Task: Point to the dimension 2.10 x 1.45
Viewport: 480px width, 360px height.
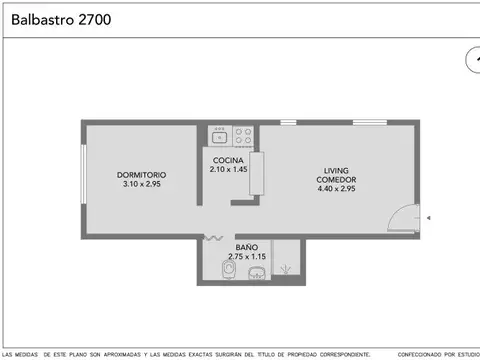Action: pos(229,169)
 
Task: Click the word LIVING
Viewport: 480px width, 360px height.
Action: pos(336,170)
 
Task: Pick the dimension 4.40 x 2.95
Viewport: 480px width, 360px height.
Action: pos(336,188)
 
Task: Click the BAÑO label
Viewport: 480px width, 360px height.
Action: pos(247,247)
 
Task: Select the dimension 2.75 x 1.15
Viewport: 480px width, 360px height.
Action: pos(247,256)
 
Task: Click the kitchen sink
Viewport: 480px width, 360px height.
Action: pos(220,133)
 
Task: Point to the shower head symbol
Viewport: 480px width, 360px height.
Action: pos(288,268)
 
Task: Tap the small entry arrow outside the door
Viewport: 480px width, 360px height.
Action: pos(428,217)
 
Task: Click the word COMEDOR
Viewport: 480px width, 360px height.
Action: pos(336,179)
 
